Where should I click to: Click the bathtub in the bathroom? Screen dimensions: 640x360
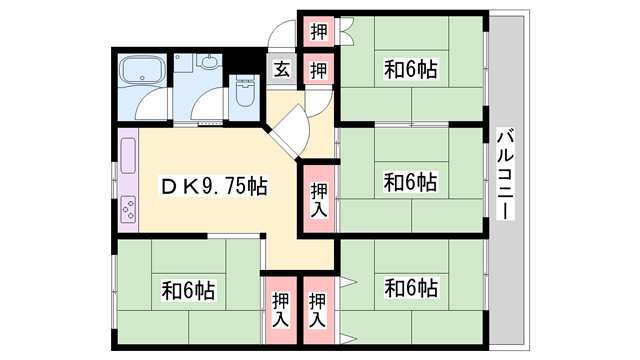142,73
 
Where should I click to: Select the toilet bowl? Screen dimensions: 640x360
245,95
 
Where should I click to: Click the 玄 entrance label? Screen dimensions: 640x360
282,70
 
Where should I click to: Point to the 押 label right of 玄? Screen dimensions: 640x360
317,70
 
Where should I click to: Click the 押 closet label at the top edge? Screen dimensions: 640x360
317,29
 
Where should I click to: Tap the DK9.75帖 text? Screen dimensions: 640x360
214,186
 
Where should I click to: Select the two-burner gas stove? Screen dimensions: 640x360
130,209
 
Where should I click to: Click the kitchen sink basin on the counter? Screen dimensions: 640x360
130,156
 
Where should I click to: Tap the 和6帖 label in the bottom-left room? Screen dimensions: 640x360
189,291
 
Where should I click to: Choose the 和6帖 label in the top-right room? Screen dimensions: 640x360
411,70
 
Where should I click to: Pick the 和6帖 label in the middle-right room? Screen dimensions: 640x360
411,182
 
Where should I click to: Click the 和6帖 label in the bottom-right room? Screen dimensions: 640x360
411,287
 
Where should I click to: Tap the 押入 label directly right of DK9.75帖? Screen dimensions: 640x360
319,199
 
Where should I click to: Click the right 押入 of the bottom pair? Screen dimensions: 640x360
318,309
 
